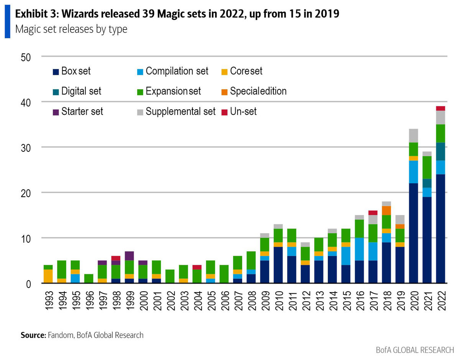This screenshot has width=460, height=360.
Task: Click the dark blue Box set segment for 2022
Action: coord(440,228)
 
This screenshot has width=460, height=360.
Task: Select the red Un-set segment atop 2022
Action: coord(440,108)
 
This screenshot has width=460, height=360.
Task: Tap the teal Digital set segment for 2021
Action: coord(427,183)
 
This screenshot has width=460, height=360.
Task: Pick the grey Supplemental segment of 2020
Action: coord(413,136)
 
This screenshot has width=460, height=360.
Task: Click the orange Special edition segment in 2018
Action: coord(387,210)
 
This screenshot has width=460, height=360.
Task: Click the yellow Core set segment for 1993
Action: coord(48,276)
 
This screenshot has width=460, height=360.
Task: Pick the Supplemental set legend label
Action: coord(181,112)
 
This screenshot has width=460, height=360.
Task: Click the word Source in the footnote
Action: coord(33,335)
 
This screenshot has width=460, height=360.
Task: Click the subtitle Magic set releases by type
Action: coord(71,29)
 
